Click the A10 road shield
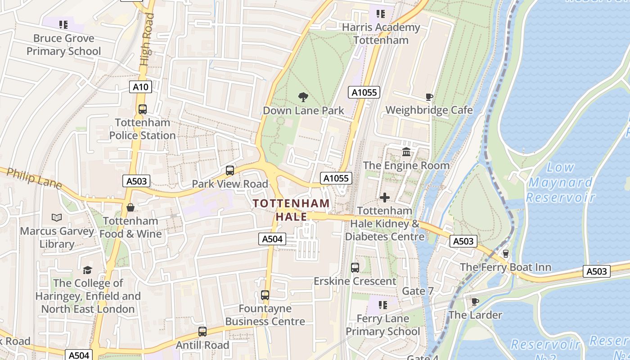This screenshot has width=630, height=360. (140, 87)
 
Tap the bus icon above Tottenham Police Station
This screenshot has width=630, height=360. (143, 109)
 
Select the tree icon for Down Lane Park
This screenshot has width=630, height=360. (303, 97)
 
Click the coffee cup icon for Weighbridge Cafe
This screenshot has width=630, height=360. (429, 97)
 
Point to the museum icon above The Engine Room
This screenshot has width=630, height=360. (406, 152)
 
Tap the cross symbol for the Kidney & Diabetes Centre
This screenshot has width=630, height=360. (385, 197)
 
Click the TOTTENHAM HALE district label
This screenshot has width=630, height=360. (291, 210)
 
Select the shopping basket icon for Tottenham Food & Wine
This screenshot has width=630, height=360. (130, 207)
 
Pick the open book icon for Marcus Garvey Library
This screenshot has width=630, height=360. (57, 218)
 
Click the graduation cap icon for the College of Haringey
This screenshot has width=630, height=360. (88, 270)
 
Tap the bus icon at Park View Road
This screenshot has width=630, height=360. (230, 171)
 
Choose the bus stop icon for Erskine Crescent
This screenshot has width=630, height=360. (355, 268)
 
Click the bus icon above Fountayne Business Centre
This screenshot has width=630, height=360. (265, 295)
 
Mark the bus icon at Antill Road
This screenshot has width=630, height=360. (202, 332)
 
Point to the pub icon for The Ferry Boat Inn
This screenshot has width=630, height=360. (505, 254)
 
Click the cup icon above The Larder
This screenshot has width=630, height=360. (475, 301)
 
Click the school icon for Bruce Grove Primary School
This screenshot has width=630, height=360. (63, 24)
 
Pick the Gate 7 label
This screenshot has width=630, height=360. (418, 291)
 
